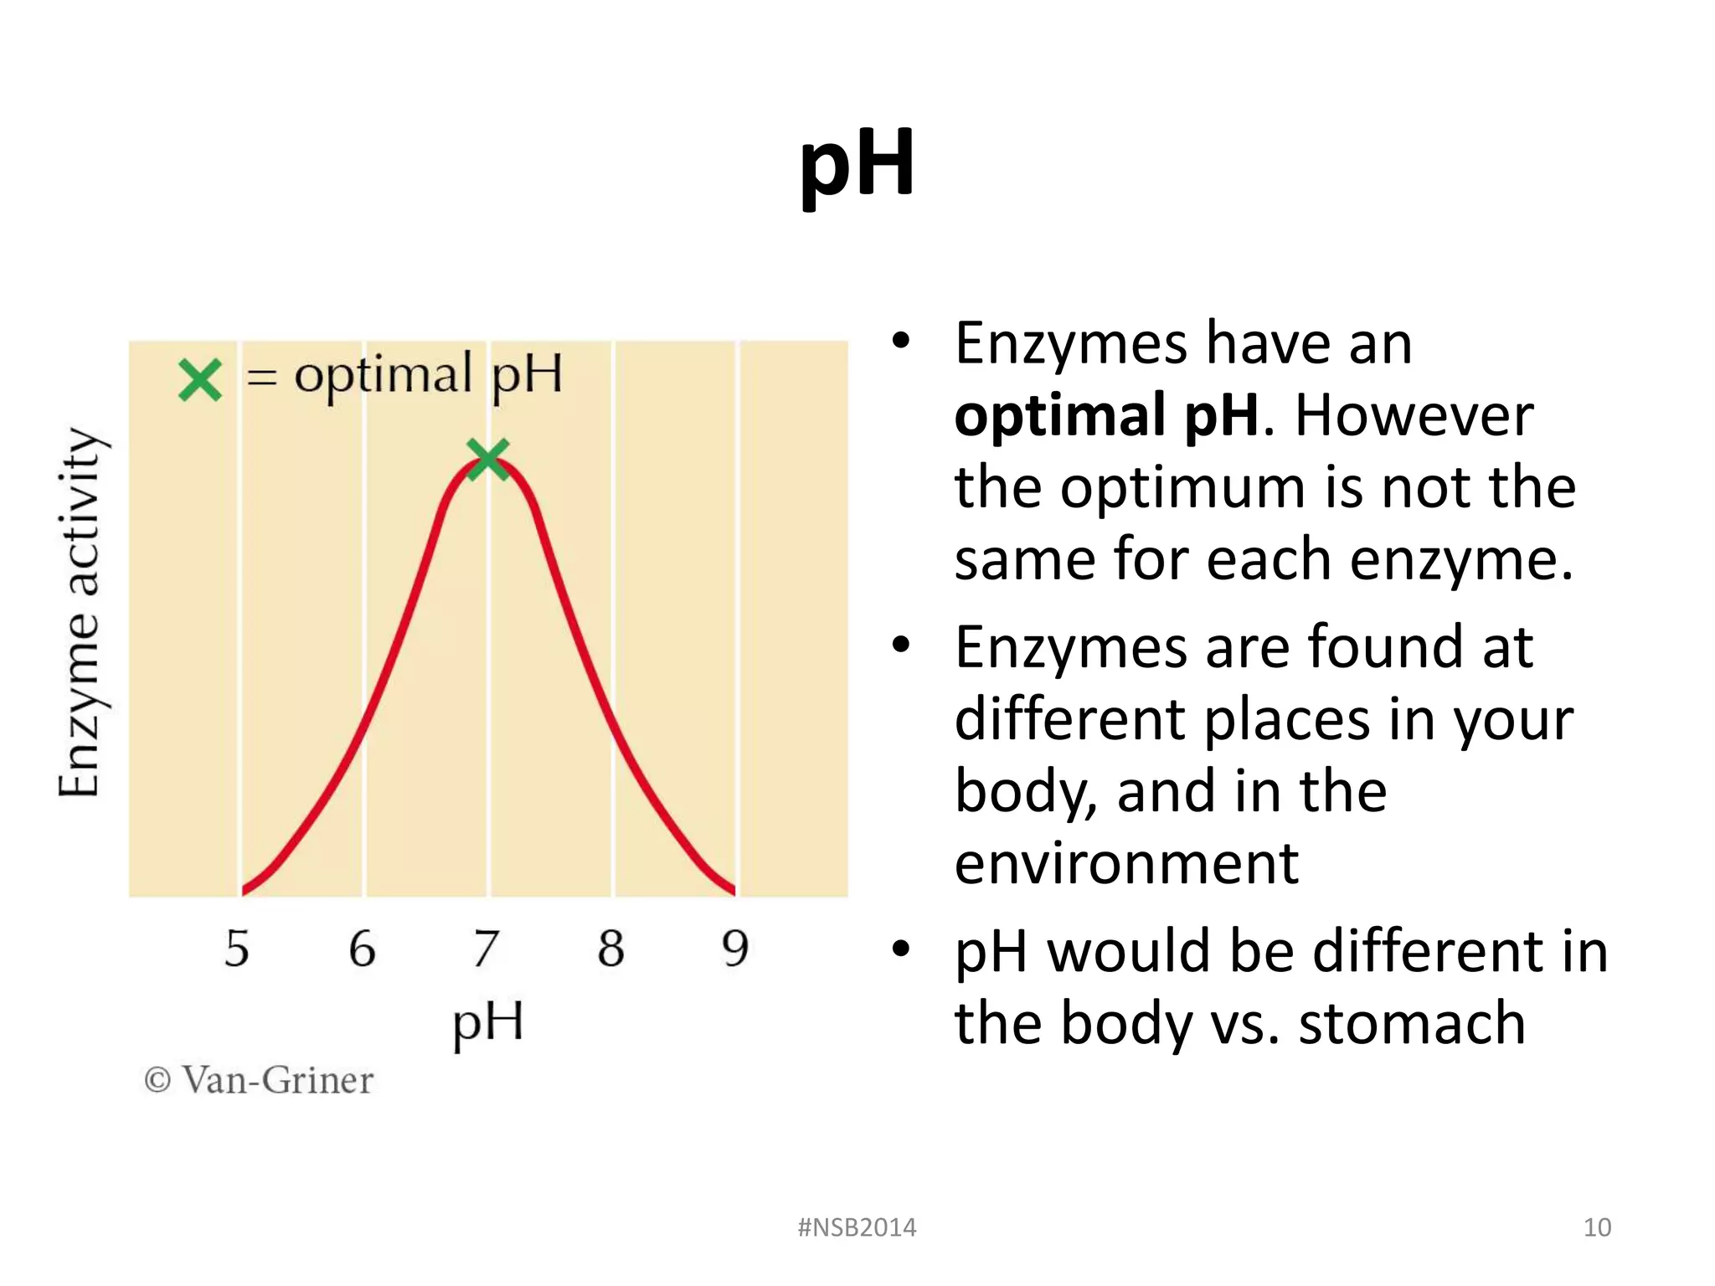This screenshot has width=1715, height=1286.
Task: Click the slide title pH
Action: pyautogui.click(x=857, y=164)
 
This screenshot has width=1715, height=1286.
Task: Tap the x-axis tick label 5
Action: pyautogui.click(x=237, y=949)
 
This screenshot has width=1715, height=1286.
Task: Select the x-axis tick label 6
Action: pyautogui.click(x=362, y=949)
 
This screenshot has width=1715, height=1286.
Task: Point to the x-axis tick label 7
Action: pyautogui.click(x=486, y=949)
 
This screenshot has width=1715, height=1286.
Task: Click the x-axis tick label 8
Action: pyautogui.click(x=610, y=949)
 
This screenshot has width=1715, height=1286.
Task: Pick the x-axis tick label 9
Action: pyautogui.click(x=734, y=949)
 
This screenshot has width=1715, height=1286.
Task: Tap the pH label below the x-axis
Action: pyautogui.click(x=488, y=1021)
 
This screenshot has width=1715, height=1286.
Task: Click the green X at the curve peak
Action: pyautogui.click(x=487, y=460)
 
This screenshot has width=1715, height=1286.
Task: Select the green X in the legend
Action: pyautogui.click(x=200, y=380)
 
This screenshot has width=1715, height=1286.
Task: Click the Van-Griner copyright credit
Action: pyautogui.click(x=259, y=1080)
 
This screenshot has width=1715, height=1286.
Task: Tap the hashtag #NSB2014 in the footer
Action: pyautogui.click(x=857, y=1227)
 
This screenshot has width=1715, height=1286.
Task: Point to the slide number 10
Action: pyautogui.click(x=1597, y=1227)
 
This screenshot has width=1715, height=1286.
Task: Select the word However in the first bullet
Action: pyautogui.click(x=1414, y=416)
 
